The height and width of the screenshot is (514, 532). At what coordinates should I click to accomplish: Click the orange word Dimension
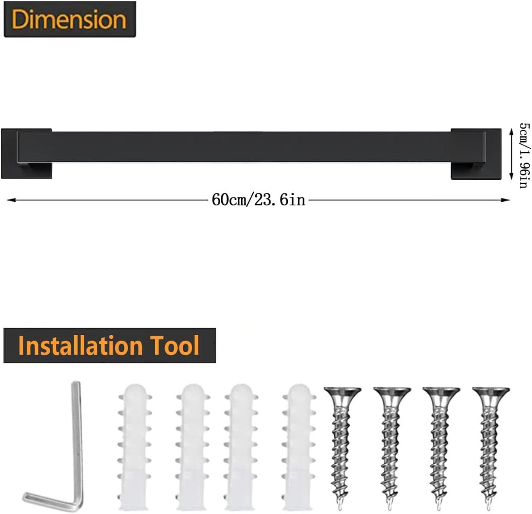tap(69, 19)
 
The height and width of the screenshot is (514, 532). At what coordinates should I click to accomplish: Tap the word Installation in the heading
tap(80, 346)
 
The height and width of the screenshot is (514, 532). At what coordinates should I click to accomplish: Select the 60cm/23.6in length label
tap(258, 200)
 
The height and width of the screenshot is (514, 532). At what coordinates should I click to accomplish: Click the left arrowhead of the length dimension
tap(10, 200)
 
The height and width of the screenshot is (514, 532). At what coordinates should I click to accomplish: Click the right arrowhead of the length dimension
tap(506, 200)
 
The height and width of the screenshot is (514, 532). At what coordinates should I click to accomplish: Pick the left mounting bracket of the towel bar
tap(27, 154)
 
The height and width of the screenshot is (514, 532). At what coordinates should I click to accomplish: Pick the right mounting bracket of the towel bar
tap(476, 154)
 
